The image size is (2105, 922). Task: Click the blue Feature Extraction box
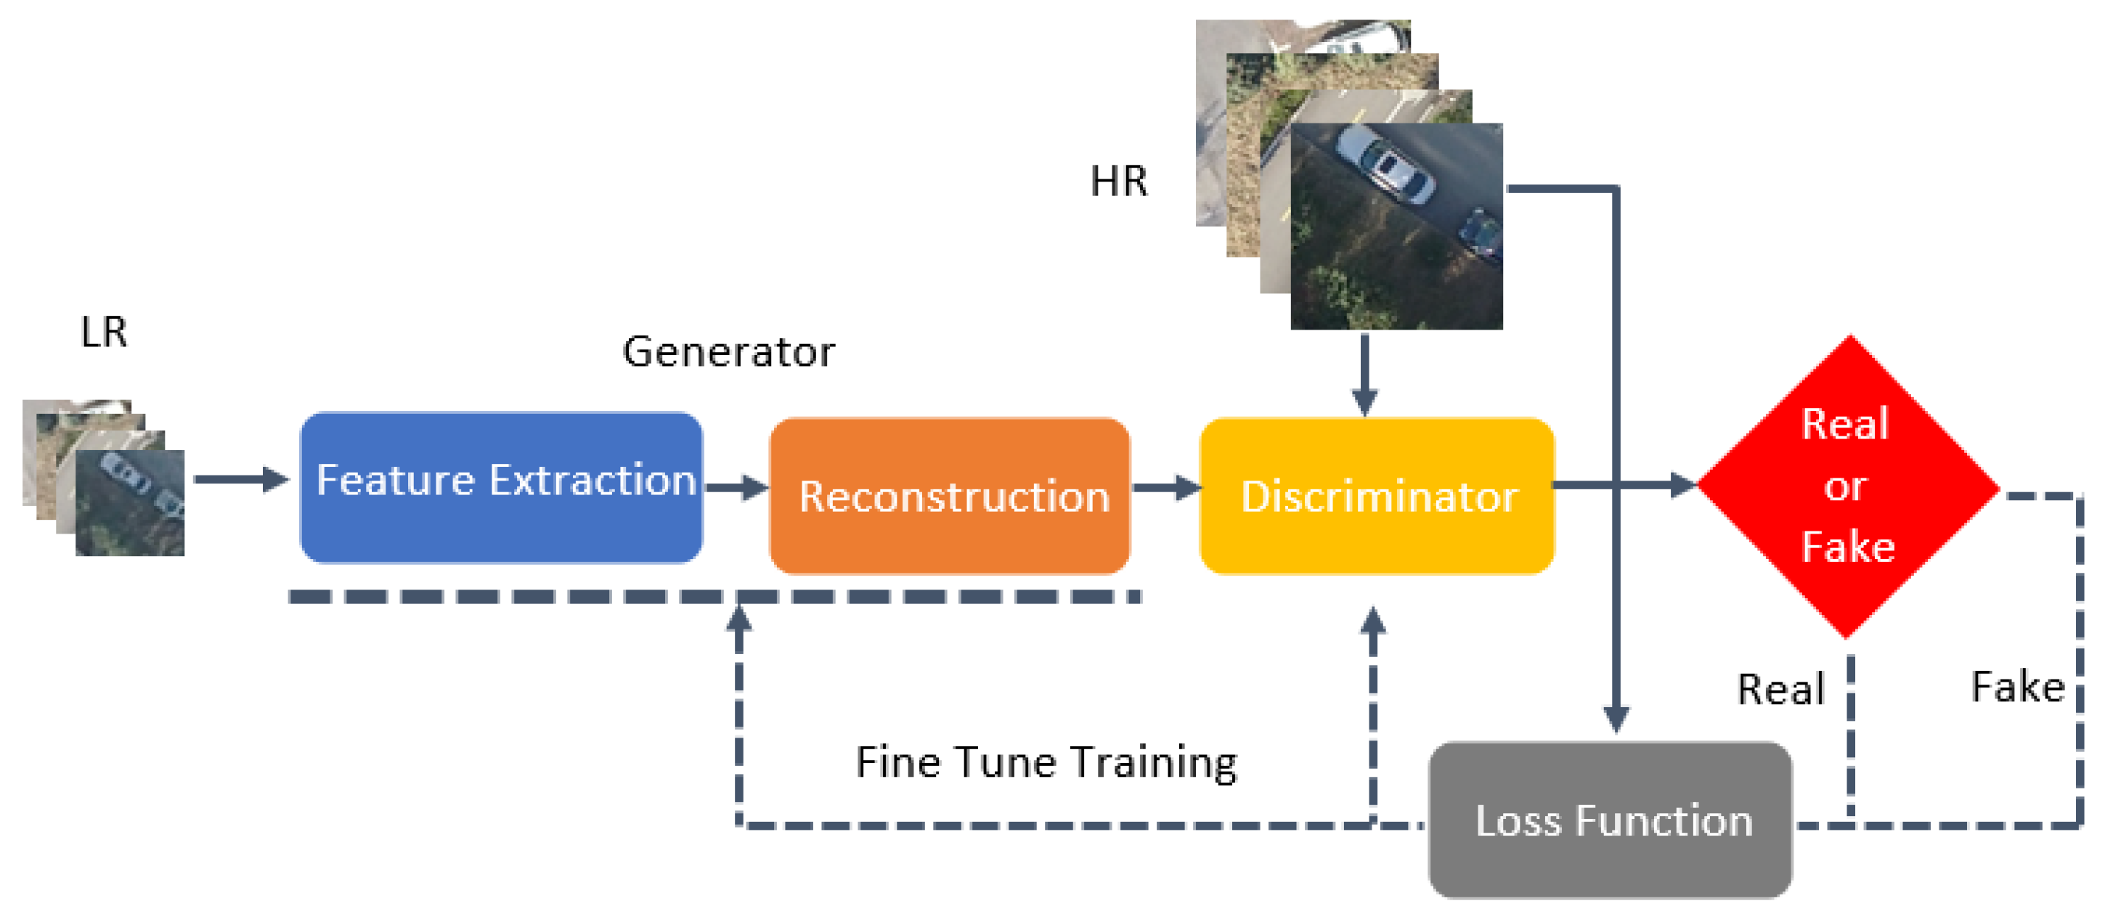(x=501, y=487)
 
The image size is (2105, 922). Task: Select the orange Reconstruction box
(x=950, y=495)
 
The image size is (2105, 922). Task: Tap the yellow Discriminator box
(x=1376, y=495)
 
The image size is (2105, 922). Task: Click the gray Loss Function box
(x=1610, y=820)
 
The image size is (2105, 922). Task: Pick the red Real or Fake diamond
(x=1849, y=486)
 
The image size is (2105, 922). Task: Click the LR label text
(x=104, y=332)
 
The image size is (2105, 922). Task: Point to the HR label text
(x=1118, y=181)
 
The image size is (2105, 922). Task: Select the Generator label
(x=728, y=352)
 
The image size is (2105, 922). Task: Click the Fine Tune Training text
(x=1046, y=762)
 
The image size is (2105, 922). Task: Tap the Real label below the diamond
(x=1780, y=689)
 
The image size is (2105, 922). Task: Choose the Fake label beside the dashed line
(x=2016, y=687)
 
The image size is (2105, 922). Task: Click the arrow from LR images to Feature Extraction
(x=241, y=479)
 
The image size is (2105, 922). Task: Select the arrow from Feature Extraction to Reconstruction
(x=736, y=488)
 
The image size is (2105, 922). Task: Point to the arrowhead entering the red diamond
(x=1682, y=486)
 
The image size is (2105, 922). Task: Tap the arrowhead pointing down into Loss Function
(x=1616, y=718)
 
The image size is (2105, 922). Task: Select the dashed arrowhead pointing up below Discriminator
(x=1373, y=621)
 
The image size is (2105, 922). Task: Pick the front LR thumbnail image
(x=130, y=502)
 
